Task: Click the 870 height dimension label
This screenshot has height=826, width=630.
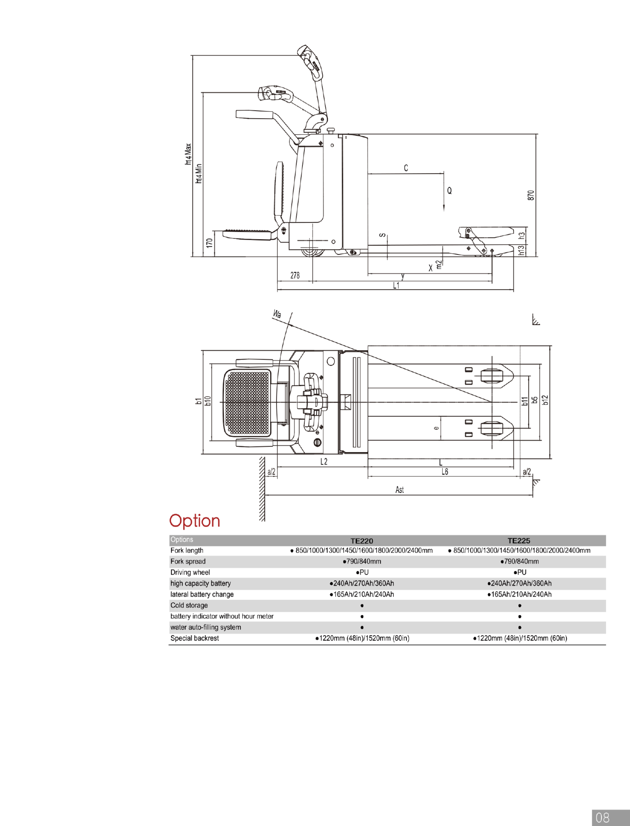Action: (531, 195)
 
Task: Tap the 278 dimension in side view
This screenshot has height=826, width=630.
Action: (295, 275)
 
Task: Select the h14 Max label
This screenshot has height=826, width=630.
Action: (188, 154)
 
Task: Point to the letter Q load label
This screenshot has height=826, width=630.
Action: (449, 191)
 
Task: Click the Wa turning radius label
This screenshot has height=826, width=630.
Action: (277, 314)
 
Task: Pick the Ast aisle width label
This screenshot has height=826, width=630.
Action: (399, 490)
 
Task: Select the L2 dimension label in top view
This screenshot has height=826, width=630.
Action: (324, 461)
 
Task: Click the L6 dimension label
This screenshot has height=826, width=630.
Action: (445, 472)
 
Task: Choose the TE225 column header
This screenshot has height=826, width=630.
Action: (519, 541)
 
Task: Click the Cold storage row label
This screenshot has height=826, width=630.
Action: (189, 605)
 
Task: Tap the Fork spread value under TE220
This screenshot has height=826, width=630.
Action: (362, 561)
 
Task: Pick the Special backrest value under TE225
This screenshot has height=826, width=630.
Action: (520, 638)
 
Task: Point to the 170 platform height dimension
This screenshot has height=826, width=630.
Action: (210, 243)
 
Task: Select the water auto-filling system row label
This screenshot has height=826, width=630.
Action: (205, 627)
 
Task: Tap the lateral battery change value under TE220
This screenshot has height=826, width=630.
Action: (362, 594)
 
